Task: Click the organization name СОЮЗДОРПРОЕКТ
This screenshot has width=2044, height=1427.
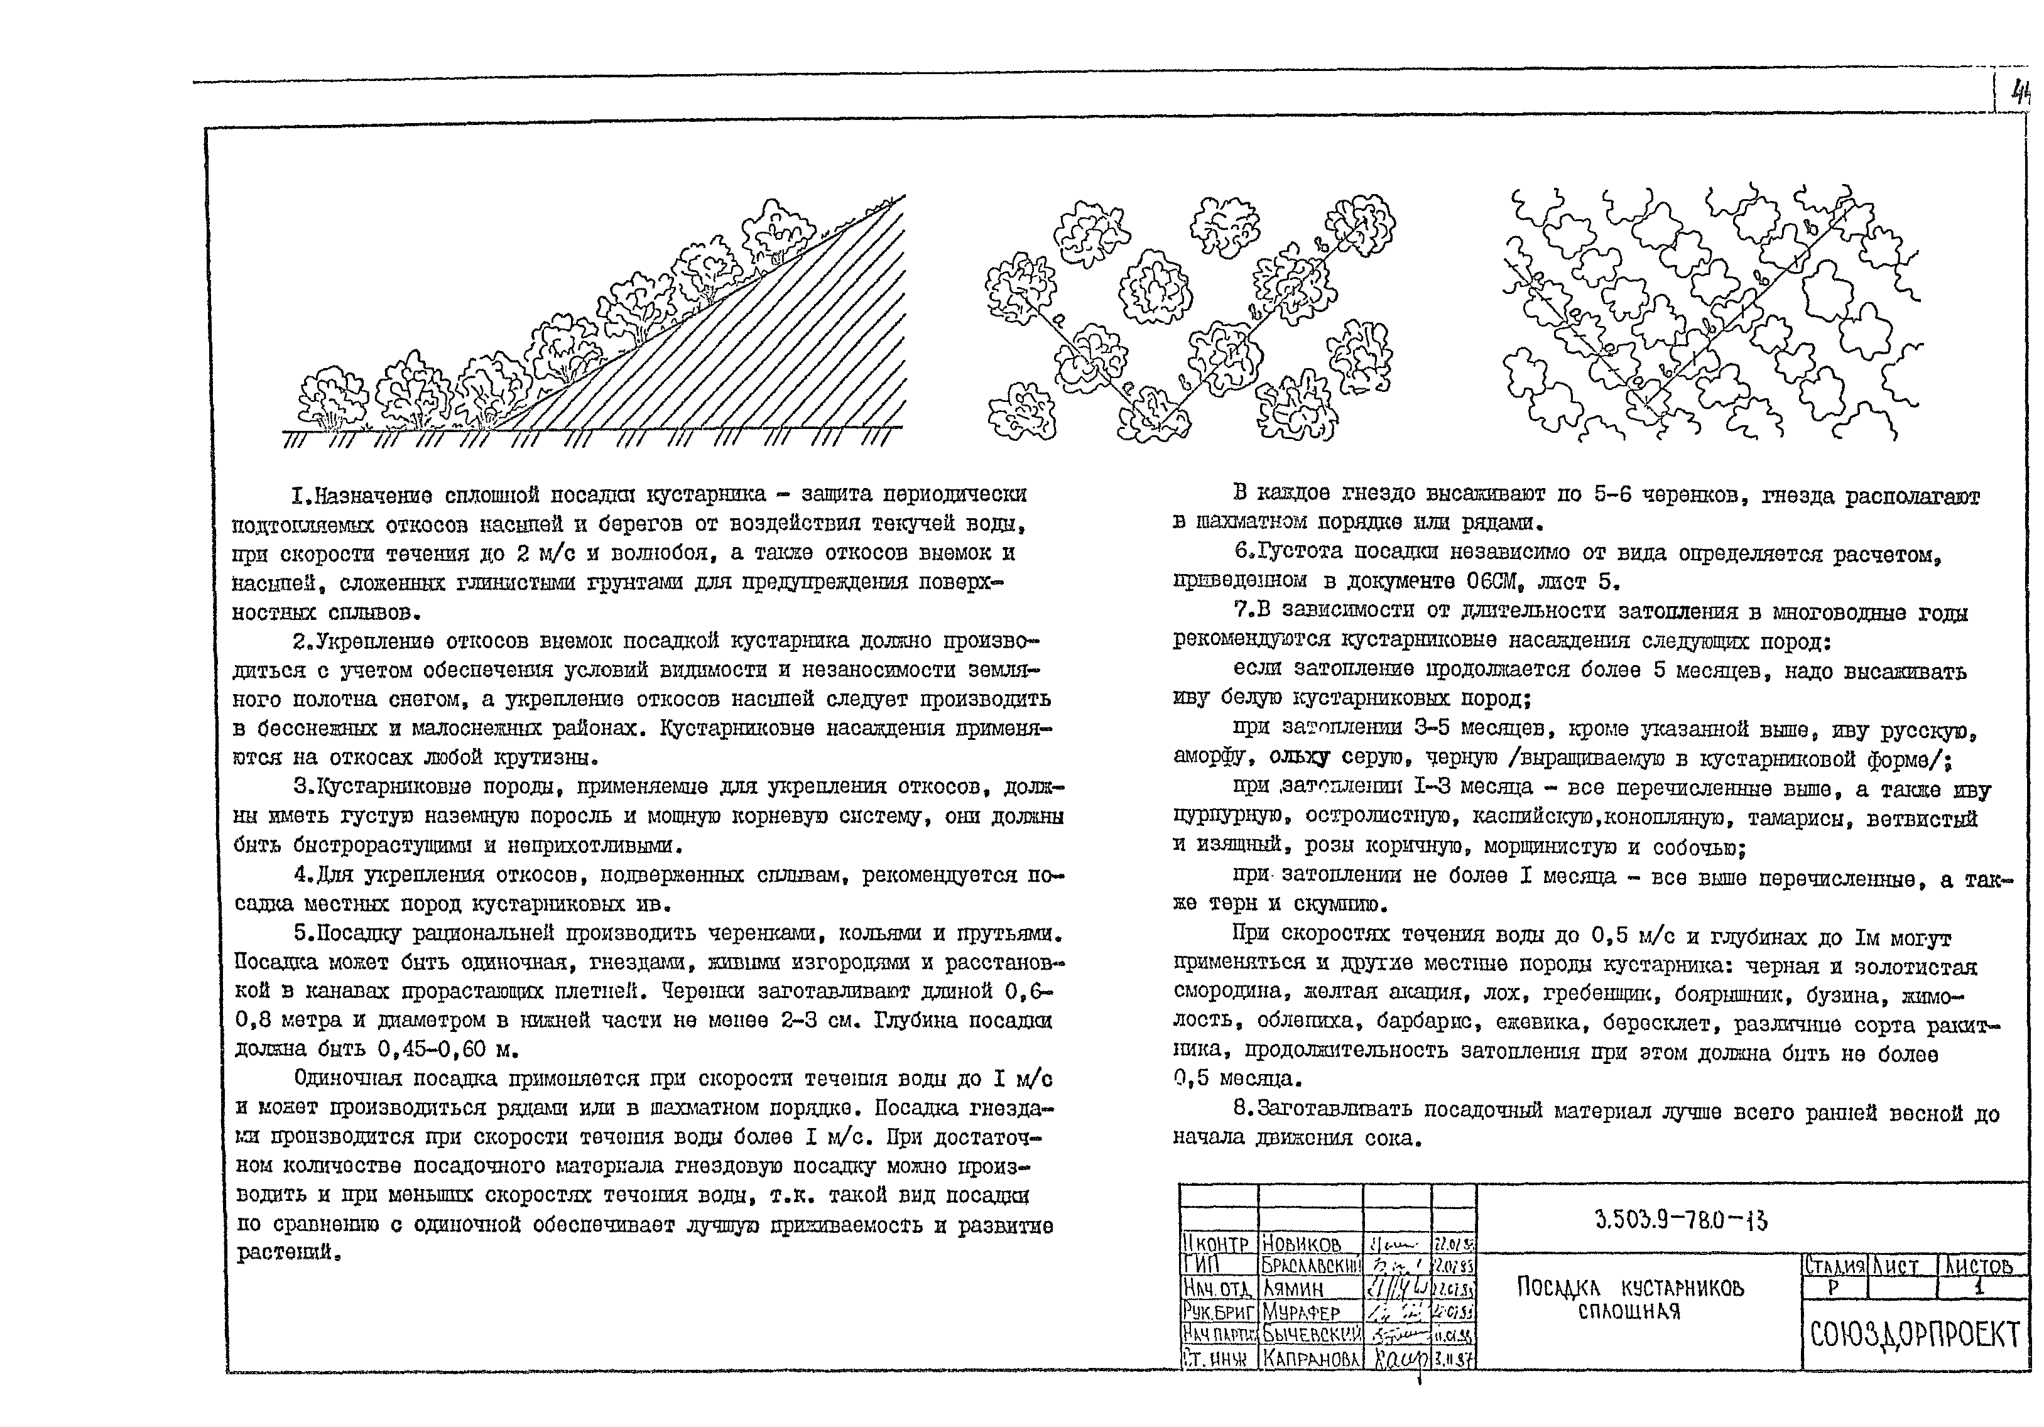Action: click(x=1914, y=1335)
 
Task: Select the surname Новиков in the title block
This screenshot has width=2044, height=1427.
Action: click(x=1302, y=1244)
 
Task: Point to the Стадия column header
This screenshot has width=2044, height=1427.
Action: click(x=1835, y=1266)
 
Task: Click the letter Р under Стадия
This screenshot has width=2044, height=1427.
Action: click(x=1833, y=1287)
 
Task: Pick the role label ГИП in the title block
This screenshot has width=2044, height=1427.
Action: click(x=1202, y=1265)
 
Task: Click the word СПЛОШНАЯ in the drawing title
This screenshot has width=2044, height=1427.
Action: click(x=1629, y=1311)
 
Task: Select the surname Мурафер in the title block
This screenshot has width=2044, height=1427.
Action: click(x=1301, y=1312)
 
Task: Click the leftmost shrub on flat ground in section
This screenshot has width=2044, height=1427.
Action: click(x=332, y=397)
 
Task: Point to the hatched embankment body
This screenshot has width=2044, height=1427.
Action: click(x=783, y=347)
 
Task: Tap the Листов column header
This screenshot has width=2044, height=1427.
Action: click(x=1980, y=1266)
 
